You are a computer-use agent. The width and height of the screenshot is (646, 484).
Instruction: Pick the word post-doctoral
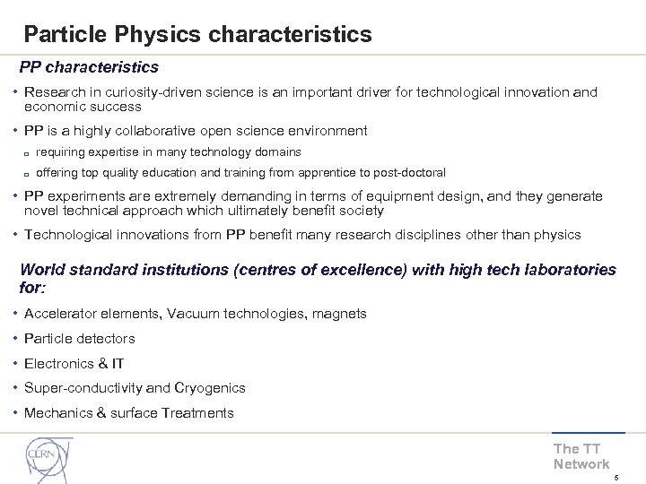408,172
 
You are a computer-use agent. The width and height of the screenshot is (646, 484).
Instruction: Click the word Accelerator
60,314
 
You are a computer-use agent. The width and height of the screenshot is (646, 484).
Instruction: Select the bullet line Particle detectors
79,339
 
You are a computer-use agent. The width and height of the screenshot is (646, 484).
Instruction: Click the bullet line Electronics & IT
74,363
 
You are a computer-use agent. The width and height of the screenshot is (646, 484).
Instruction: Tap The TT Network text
581,456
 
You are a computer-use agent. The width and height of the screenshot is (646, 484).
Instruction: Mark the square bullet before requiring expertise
28,153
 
